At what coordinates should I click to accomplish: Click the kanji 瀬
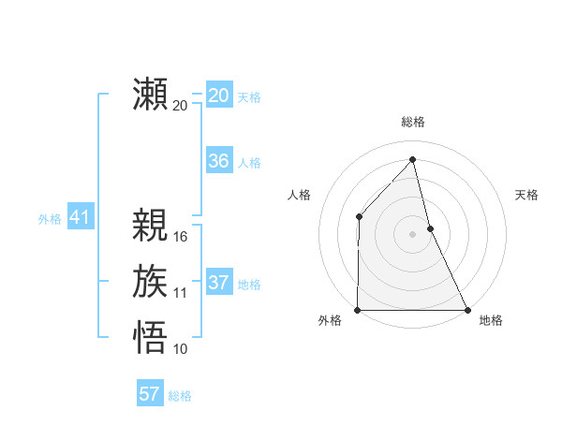[x=151, y=95]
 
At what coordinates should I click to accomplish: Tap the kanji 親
[x=151, y=226]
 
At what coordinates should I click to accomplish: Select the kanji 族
[x=151, y=282]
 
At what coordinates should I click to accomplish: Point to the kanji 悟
[x=151, y=337]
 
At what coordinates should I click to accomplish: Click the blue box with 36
[x=219, y=161]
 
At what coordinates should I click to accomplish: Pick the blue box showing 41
[x=80, y=218]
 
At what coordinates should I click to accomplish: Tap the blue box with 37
[x=219, y=283]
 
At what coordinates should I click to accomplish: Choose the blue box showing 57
[x=150, y=394]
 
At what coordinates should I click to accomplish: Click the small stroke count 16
[x=181, y=237]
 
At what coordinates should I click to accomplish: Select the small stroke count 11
[x=181, y=293]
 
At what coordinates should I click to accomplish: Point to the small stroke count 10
[x=181, y=349]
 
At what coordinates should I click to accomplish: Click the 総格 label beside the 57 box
[x=180, y=396]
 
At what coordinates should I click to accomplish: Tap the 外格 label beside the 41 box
[x=50, y=220]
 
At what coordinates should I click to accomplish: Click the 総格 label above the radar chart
[x=412, y=122]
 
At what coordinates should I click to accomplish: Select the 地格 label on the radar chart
[x=491, y=321]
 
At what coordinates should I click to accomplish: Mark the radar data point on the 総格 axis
[x=412, y=160]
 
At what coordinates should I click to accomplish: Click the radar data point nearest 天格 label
[x=430, y=228]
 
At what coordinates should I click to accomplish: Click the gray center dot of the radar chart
[x=412, y=234]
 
